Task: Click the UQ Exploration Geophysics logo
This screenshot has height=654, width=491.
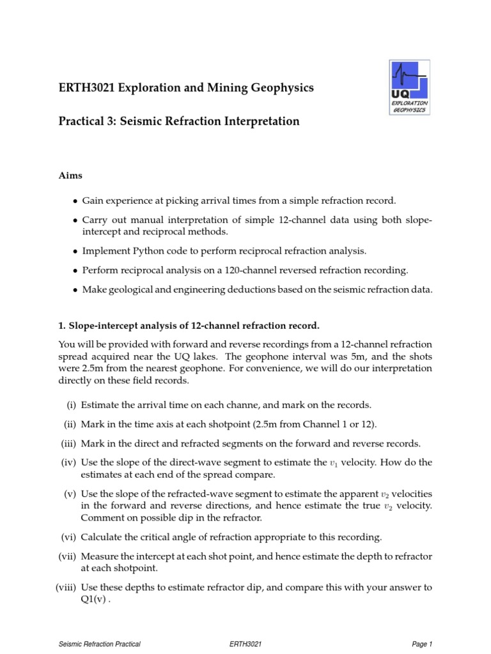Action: tap(409, 87)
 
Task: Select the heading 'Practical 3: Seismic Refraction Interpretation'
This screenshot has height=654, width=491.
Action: tap(179, 121)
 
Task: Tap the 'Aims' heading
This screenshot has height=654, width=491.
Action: tap(71, 174)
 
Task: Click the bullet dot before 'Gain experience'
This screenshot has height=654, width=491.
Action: tap(75, 201)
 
